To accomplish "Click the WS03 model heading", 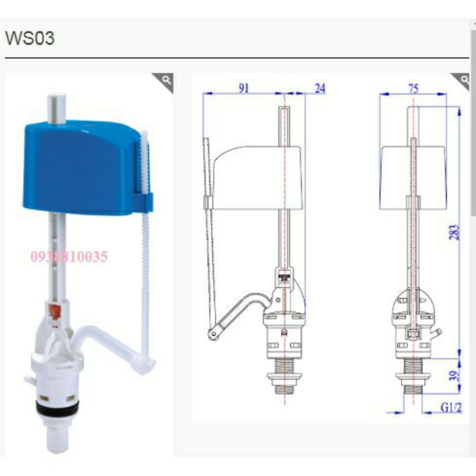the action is click(x=30, y=38).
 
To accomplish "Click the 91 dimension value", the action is click(x=244, y=88).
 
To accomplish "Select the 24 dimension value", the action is click(x=320, y=88).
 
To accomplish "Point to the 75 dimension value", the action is click(x=413, y=89).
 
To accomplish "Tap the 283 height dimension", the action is click(x=455, y=232).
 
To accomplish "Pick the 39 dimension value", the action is click(x=455, y=376).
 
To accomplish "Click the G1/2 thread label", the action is click(x=451, y=408).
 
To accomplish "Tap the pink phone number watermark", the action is click(x=69, y=256).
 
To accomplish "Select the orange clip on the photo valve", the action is click(x=55, y=312).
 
